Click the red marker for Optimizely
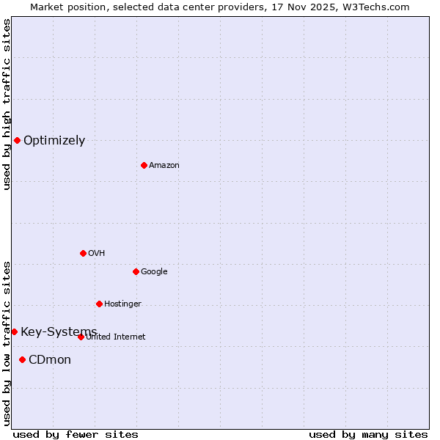coord(17,140)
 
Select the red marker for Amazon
coord(144,165)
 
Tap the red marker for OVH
coord(83,253)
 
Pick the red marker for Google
coord(136,271)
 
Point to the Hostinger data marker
coord(99,304)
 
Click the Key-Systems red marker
coord(14,331)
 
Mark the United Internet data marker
coord(81,337)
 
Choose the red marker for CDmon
coord(22,359)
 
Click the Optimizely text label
coord(54,141)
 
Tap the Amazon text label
coord(164,166)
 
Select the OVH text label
coord(97,254)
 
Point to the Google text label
coord(154,272)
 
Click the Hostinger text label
coord(122,304)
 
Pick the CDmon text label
coord(50,360)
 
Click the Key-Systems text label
coord(59,332)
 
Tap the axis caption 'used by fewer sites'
coord(76,434)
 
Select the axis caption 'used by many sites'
coord(368,434)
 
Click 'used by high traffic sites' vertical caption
coord(7,105)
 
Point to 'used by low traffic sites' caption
coord(7,343)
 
